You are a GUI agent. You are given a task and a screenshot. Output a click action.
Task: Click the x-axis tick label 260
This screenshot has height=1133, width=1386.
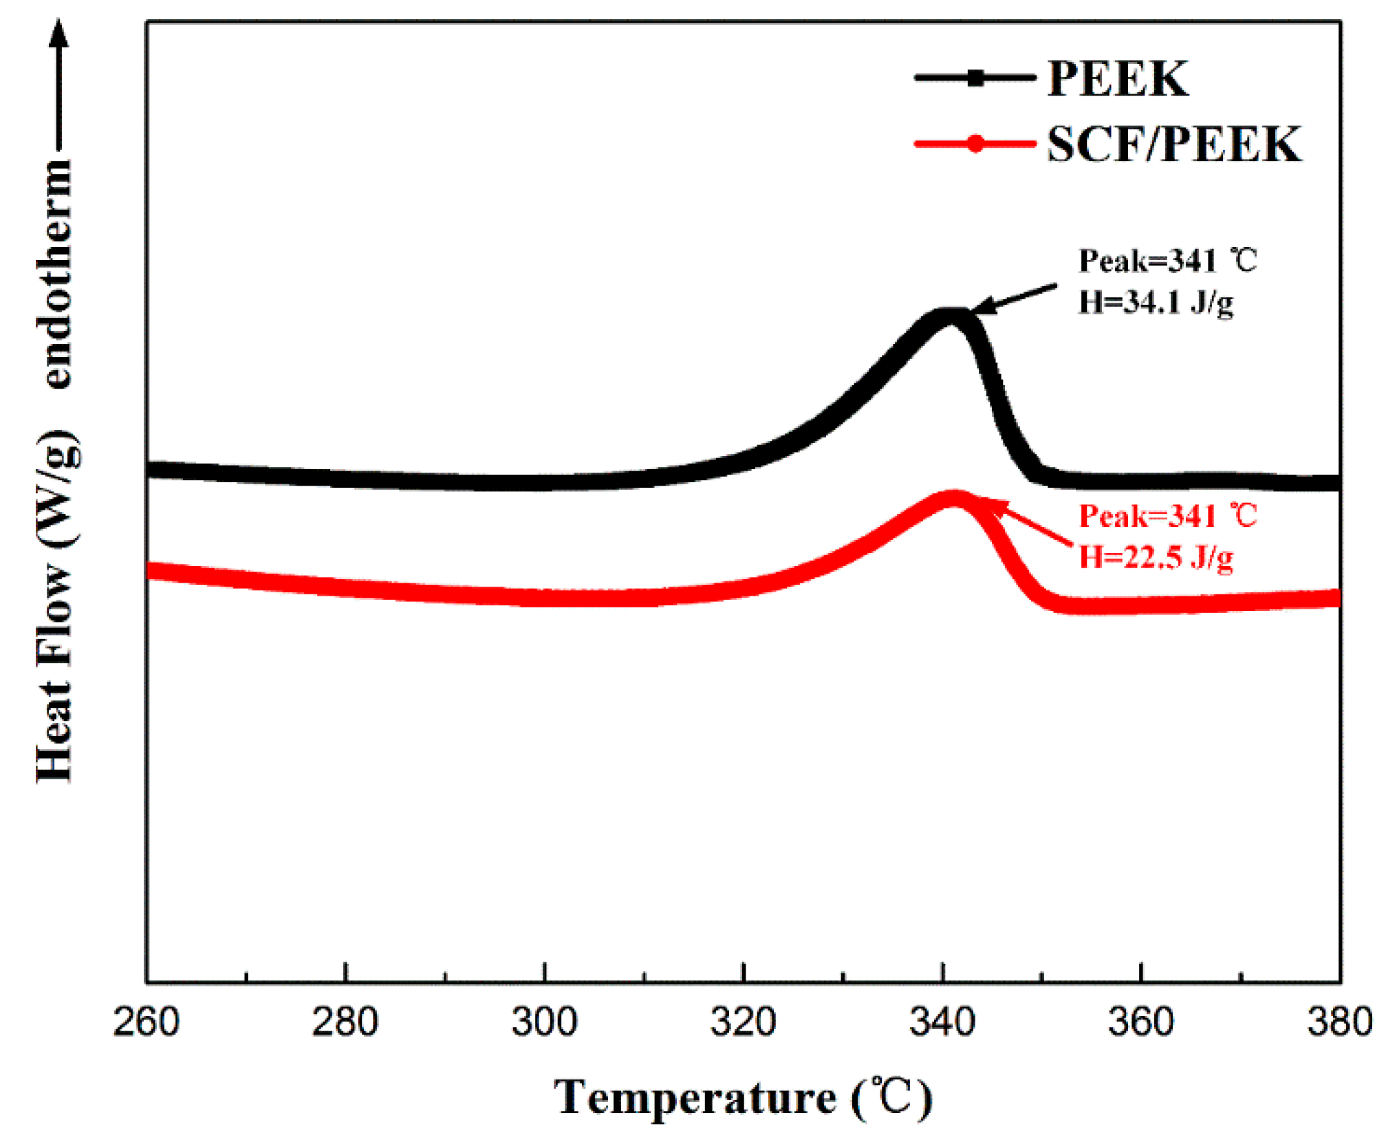tap(146, 1022)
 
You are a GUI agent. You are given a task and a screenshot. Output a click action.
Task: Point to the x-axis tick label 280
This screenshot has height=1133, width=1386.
tap(345, 1022)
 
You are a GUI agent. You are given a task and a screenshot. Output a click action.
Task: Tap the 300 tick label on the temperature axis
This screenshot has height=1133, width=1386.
tap(544, 1022)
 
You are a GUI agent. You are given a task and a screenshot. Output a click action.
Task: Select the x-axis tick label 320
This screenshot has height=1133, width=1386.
tap(743, 1022)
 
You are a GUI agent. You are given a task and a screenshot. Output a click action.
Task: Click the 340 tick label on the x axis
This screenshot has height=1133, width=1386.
tap(942, 1022)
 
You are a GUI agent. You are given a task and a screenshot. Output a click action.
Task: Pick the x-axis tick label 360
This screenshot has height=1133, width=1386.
tap(1141, 1022)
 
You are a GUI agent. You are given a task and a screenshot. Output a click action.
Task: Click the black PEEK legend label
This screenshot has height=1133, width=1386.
tap(1118, 78)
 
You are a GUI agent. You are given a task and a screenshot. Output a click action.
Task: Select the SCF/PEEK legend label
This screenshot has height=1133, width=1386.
tap(1174, 144)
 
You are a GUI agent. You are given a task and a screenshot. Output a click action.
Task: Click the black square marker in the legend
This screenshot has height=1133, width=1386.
tap(975, 78)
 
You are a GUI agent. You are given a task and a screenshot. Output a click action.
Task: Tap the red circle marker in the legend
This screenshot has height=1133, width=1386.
tap(975, 144)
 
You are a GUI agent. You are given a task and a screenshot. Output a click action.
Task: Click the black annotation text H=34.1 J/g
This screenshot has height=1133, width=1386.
tap(1156, 303)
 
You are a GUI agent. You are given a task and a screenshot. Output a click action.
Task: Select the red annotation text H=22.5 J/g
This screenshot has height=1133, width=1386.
tap(1156, 557)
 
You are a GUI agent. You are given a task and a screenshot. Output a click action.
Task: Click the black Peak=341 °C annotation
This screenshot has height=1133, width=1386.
tap(1167, 261)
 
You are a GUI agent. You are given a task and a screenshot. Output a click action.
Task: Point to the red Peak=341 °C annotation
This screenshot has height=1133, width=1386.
tap(1167, 516)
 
